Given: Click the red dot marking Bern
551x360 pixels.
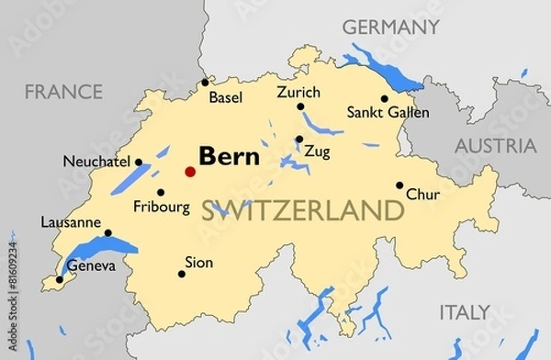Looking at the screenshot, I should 190,171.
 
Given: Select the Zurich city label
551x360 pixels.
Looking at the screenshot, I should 298,93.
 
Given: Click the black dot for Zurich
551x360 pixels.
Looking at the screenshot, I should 300,107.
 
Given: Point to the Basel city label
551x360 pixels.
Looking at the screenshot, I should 226,96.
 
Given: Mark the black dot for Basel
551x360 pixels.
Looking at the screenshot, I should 205,83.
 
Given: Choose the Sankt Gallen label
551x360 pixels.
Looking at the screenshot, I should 377,112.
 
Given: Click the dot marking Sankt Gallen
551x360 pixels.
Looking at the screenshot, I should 384,98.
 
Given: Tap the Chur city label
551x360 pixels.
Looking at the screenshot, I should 422,195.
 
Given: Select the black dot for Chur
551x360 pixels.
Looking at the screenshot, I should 399,185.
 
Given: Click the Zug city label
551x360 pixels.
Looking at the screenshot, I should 317,151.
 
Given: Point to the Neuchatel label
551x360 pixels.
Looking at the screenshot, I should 96,161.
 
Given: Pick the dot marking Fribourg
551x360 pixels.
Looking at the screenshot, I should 161,193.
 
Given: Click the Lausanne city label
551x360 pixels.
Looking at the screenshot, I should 71,221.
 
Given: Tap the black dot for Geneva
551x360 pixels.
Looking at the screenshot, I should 60,279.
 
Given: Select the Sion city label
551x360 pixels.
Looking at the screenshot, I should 198,263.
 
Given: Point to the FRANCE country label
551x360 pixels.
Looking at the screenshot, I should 63,92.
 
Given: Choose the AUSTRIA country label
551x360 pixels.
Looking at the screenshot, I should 496,146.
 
